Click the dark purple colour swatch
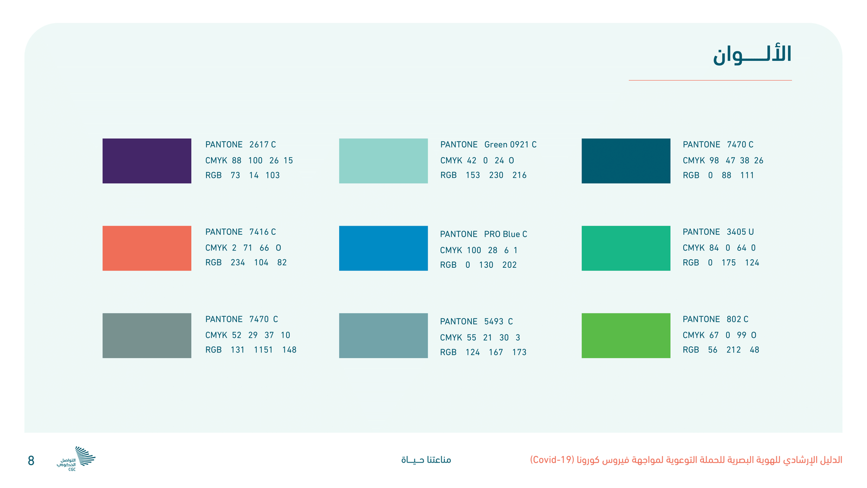tap(147, 160)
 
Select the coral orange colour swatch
tap(147, 248)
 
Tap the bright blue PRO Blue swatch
tap(383, 248)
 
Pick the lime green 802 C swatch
tap(626, 336)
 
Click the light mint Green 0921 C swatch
tap(383, 160)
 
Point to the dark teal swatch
tap(626, 160)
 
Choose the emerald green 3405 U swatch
tap(626, 248)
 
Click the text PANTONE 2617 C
tap(241, 144)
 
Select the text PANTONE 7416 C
tap(241, 232)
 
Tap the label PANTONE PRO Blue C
tap(483, 234)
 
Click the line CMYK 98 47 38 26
tap(723, 160)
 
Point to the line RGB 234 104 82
tap(246, 262)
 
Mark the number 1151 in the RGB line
tap(263, 350)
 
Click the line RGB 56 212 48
tap(721, 350)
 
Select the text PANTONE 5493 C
tap(476, 322)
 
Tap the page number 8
tap(31, 460)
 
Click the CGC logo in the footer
tap(76, 459)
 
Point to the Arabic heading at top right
tap(752, 55)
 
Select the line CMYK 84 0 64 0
tap(719, 248)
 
